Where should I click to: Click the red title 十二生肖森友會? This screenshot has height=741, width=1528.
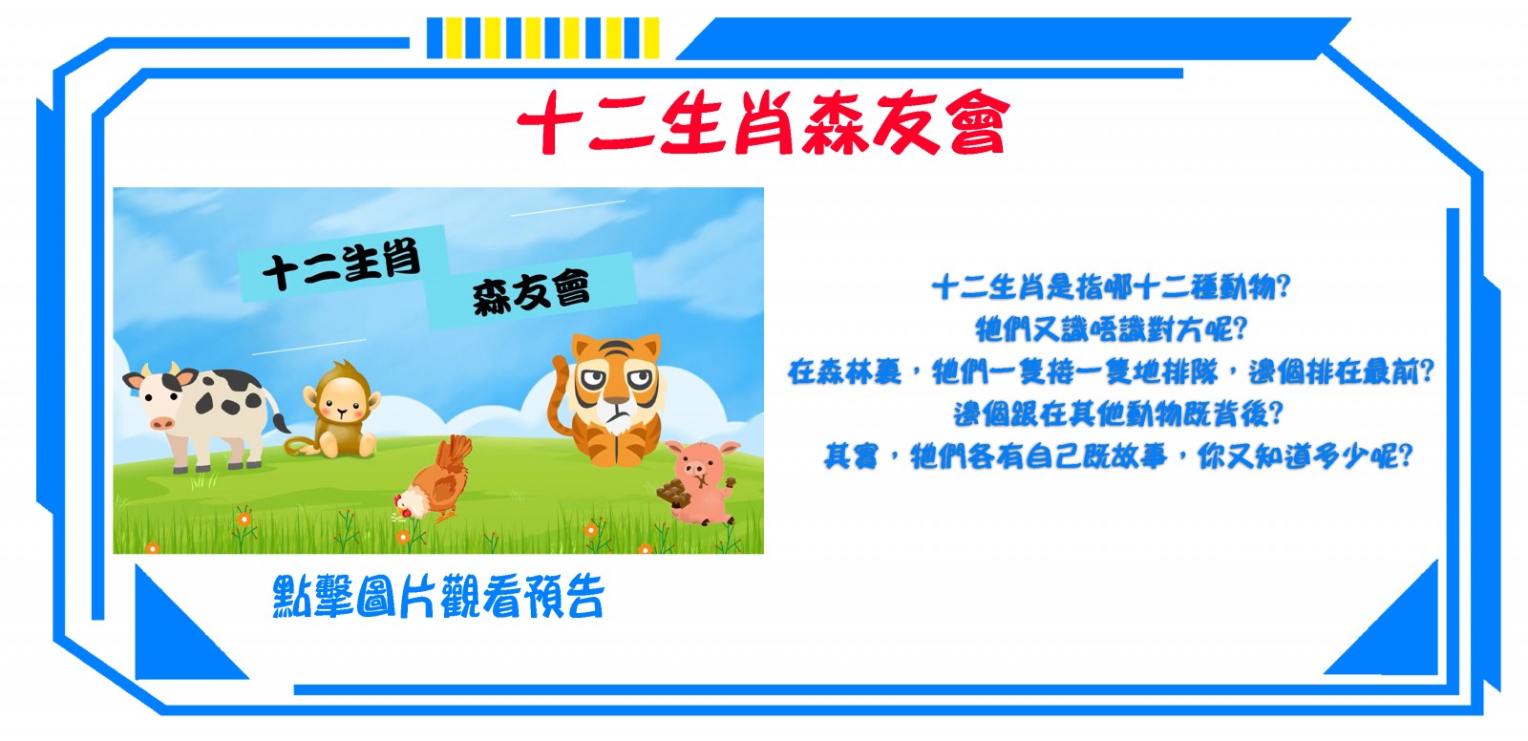[x=763, y=123]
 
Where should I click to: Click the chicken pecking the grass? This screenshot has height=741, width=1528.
[x=434, y=480]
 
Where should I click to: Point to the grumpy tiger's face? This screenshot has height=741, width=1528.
[x=615, y=382]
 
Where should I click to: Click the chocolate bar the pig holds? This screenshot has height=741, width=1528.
[x=670, y=493]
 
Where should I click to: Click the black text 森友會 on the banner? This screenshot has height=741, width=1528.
[x=531, y=293]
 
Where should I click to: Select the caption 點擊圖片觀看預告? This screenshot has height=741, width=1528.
[x=438, y=597]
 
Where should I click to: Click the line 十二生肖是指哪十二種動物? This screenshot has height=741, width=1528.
[x=1111, y=287]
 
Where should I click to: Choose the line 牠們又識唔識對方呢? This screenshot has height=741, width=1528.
[x=1111, y=329]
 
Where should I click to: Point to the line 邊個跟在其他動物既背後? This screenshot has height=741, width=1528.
[x=1118, y=413]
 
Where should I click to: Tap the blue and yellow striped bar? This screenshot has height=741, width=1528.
[x=543, y=38]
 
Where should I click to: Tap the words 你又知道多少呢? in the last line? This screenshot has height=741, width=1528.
[x=1305, y=455]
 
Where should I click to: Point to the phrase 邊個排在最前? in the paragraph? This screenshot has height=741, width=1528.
[x=1341, y=371]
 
